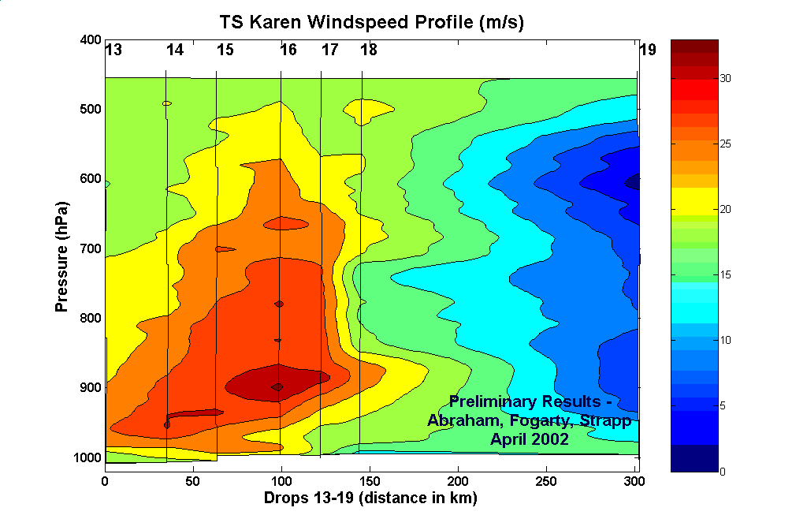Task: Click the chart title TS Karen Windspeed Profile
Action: click(371, 23)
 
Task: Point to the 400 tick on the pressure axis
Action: click(91, 40)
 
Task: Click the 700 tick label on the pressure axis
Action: click(91, 249)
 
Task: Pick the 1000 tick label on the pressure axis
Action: click(87, 458)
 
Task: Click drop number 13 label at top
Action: click(113, 50)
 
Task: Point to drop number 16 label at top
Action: click(288, 50)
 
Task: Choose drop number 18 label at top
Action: click(369, 50)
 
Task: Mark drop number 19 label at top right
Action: click(647, 50)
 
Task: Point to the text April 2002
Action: click(530, 439)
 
